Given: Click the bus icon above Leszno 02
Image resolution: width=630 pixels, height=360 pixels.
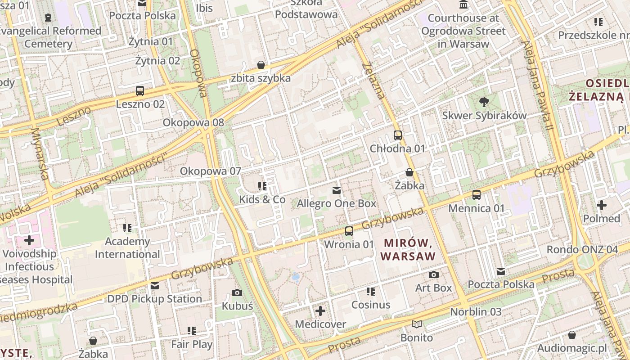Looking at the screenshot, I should tap(140, 91).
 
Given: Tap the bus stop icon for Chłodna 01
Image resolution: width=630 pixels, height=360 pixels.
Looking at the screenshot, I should tap(397, 135).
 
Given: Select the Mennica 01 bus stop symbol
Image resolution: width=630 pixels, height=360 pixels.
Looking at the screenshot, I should tap(477, 195).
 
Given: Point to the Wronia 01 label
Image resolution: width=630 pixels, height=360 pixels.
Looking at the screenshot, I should tap(349, 244).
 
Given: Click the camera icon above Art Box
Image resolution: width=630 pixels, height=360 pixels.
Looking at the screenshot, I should tap(433, 274).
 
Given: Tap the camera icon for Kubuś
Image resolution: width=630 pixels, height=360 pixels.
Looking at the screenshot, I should tap(237, 292).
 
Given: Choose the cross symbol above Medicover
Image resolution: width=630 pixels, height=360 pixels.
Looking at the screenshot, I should tap(320, 311).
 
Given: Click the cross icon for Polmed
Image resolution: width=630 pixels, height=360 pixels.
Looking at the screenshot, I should tap(601, 205).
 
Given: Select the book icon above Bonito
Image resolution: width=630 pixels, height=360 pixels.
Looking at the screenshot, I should tap(417, 324).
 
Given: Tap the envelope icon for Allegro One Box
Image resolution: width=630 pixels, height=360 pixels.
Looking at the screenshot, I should tap(336, 190).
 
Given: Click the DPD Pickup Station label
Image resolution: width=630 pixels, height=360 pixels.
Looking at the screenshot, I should tap(154, 299).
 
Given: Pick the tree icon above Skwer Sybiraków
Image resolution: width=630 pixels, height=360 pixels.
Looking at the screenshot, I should tap(484, 102).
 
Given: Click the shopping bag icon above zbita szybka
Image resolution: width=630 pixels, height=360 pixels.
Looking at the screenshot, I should tap(261, 65).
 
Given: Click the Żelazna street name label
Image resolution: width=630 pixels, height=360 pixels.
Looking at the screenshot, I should tap(373, 81).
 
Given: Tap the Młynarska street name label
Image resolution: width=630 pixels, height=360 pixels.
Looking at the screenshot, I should tap(40, 153).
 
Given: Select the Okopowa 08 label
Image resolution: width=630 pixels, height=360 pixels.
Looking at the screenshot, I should tap(193, 122).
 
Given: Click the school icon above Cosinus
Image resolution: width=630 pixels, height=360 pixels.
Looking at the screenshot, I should tap(370, 292).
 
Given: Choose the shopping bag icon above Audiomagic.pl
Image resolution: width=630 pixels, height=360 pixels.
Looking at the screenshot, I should tap(571, 335).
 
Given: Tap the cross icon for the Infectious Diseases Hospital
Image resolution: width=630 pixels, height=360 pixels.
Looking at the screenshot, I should tap(29, 240).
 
